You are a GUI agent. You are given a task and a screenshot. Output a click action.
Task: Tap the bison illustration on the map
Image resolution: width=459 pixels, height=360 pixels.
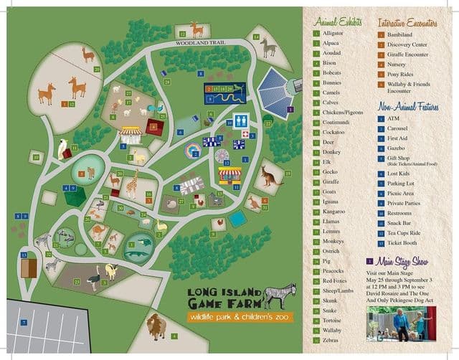[156, 326]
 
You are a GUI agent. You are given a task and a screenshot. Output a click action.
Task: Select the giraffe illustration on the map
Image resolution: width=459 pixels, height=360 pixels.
[132, 186]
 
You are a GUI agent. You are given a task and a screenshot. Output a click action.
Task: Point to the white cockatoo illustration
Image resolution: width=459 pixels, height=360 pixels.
[64, 148]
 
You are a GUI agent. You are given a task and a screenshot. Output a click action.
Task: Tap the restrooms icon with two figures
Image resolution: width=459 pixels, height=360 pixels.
[242, 120]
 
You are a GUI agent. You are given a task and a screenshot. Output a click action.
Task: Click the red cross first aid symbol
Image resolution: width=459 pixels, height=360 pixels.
[245, 135]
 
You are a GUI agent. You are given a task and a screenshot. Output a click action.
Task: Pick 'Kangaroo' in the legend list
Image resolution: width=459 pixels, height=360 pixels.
[336, 212]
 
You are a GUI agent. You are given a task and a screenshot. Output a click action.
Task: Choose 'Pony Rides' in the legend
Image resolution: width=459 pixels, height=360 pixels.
[401, 74]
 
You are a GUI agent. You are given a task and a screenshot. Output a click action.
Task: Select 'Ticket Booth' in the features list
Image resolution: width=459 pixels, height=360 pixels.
[403, 243]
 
